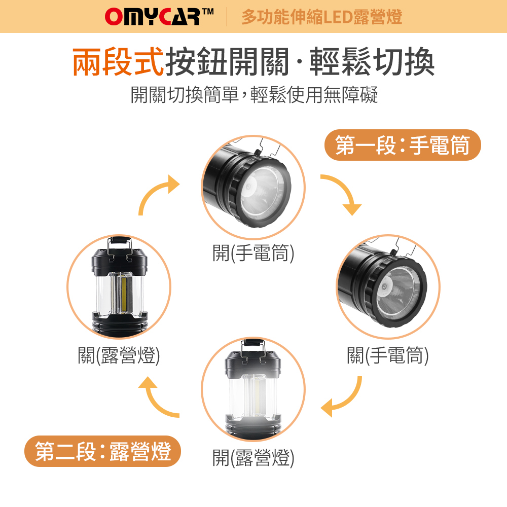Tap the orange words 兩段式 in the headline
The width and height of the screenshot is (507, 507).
(118, 61)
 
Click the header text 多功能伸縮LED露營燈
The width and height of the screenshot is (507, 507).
(322, 17)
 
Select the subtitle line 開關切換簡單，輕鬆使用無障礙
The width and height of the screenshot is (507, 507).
(254, 95)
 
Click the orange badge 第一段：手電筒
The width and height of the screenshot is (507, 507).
(403, 145)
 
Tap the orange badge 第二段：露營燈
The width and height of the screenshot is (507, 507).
(102, 451)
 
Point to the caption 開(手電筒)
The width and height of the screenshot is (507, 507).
(253, 252)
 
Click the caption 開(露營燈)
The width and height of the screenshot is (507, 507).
(253, 457)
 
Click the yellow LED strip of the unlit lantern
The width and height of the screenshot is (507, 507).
(124, 294)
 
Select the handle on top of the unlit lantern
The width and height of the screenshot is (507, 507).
(119, 246)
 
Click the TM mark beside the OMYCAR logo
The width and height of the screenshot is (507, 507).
(208, 12)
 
